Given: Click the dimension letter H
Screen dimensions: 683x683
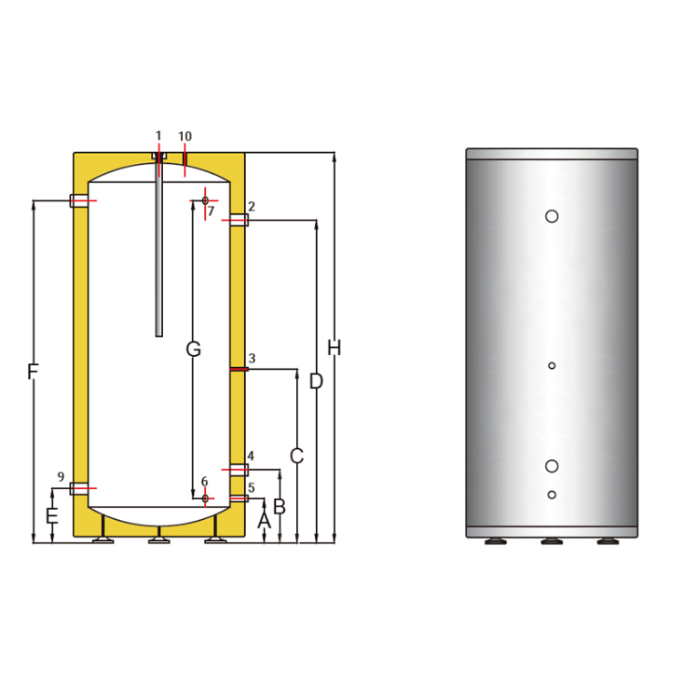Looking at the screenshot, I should (334, 348).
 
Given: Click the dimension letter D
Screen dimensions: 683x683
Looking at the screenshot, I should (316, 382).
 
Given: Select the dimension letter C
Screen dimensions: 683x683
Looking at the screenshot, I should (297, 455).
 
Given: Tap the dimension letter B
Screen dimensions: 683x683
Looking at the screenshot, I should (280, 506).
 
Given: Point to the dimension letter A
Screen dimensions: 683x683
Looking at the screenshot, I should (264, 521).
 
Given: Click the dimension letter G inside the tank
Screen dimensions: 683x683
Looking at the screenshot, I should (192, 349).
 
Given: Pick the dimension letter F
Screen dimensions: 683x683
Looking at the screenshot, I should (33, 372).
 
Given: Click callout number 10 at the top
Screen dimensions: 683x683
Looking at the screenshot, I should (185, 137).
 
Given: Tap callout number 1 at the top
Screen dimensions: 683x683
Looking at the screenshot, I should (158, 136).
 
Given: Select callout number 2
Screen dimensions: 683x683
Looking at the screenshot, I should (250, 207).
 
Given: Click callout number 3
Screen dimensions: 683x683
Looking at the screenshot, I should (251, 358).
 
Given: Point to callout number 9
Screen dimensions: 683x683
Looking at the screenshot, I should (61, 477).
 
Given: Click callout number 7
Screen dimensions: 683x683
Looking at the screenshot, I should (210, 211).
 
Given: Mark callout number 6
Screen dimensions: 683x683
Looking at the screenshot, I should (204, 482).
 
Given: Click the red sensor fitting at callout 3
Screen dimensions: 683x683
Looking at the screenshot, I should (238, 369).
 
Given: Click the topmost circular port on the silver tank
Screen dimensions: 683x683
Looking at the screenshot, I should (552, 216).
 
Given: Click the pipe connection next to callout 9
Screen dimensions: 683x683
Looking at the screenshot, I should (80, 489).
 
